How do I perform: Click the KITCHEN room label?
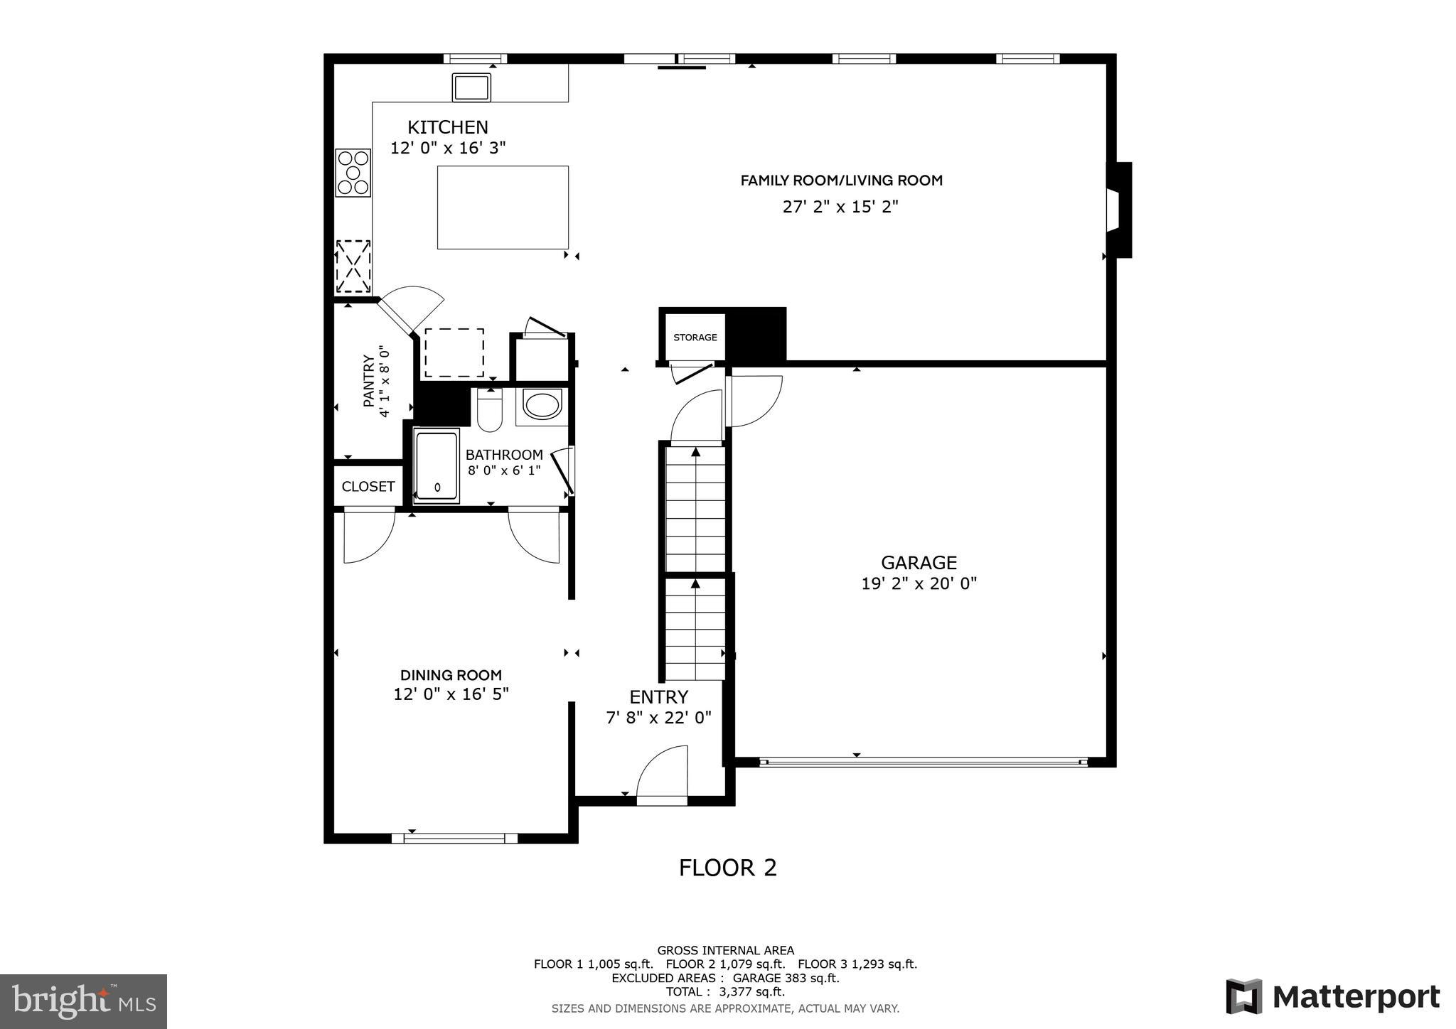(x=447, y=128)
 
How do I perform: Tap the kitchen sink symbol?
(x=471, y=87)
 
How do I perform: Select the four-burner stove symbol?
(x=353, y=173)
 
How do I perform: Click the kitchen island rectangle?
(x=503, y=208)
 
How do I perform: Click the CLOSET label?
(x=368, y=487)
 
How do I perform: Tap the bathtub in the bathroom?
(x=437, y=466)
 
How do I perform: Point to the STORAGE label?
(x=695, y=338)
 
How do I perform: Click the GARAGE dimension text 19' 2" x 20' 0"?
(x=919, y=584)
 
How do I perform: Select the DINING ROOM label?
(x=451, y=675)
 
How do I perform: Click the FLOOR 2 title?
(x=727, y=868)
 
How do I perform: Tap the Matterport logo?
(x=1333, y=996)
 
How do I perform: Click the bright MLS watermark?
(x=84, y=1001)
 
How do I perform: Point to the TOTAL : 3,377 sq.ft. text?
(x=725, y=992)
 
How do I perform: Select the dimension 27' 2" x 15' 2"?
(x=840, y=207)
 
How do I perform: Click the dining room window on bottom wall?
(x=454, y=839)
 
